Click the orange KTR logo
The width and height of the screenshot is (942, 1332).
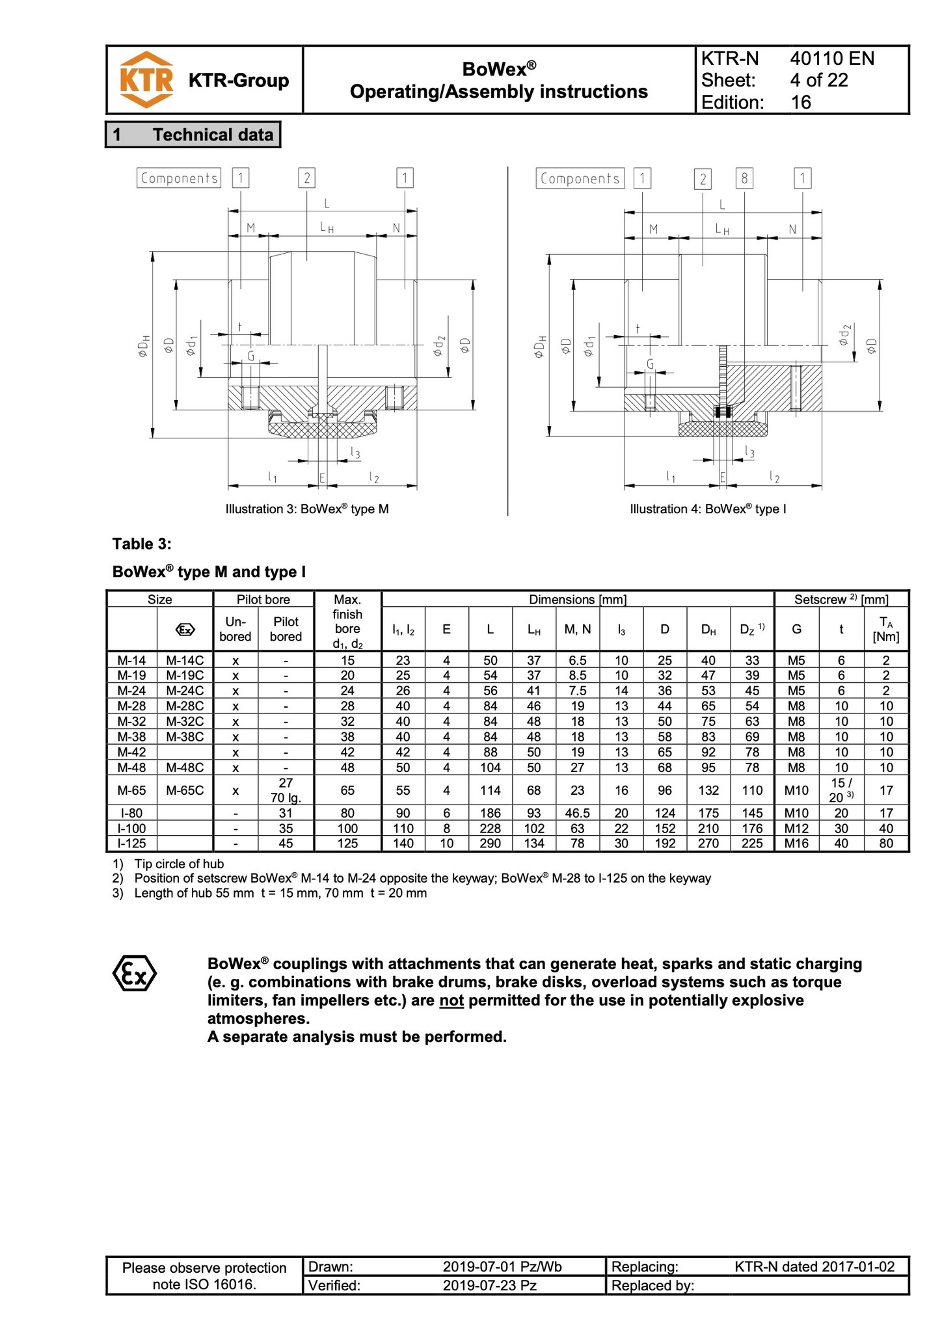(x=146, y=79)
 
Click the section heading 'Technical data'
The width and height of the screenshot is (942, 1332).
(x=213, y=135)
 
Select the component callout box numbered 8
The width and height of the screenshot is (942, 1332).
(x=744, y=178)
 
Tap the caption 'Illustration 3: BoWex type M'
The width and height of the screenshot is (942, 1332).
(x=307, y=509)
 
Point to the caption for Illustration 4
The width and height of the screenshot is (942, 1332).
(x=708, y=509)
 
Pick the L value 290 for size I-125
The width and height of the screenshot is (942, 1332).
(x=490, y=844)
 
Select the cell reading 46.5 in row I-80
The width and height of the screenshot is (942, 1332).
(x=577, y=813)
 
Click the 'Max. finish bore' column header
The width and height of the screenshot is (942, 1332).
(x=347, y=621)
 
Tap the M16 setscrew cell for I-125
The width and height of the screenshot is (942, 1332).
(x=796, y=844)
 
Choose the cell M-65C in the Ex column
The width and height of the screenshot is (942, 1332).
(x=185, y=790)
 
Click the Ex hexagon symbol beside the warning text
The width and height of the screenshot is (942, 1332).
(x=135, y=973)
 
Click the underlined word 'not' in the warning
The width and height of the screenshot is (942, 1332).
(x=451, y=1000)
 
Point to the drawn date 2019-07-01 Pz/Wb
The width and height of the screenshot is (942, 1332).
(x=502, y=1266)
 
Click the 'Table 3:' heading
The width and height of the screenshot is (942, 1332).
(x=142, y=544)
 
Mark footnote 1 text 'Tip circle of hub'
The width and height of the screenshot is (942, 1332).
(x=179, y=864)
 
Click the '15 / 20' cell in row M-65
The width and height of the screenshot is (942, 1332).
(x=841, y=790)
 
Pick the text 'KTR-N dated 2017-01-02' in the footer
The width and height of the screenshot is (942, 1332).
(x=814, y=1266)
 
